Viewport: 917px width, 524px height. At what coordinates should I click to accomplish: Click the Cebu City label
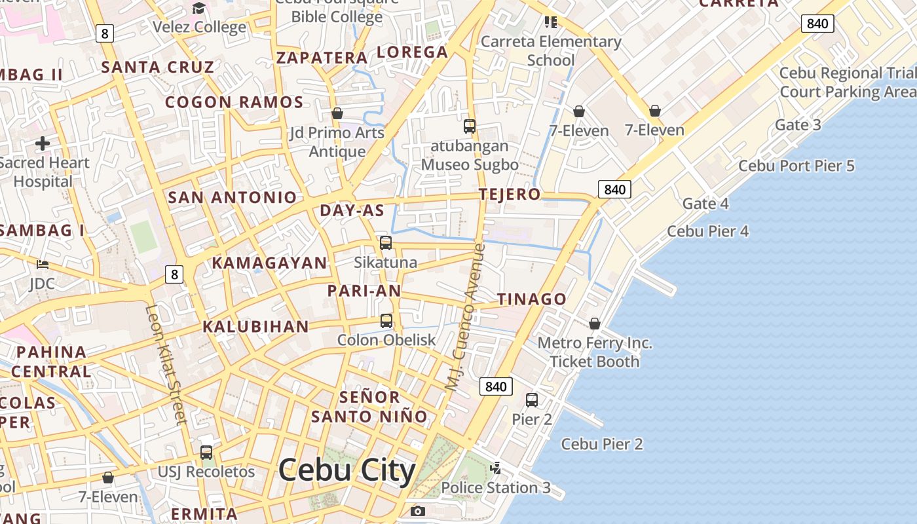click(x=346, y=471)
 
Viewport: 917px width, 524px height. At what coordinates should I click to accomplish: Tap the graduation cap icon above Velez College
click(x=198, y=8)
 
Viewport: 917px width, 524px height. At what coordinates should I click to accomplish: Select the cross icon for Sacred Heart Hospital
click(x=43, y=143)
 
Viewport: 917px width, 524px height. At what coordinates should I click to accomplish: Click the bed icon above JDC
click(x=43, y=265)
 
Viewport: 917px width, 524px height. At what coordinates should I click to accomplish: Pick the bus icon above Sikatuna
click(x=386, y=243)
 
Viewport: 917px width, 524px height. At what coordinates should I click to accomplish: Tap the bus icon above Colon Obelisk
click(x=386, y=321)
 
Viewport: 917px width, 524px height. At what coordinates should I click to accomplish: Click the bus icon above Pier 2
click(x=532, y=400)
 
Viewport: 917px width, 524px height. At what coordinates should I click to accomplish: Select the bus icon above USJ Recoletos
click(x=206, y=452)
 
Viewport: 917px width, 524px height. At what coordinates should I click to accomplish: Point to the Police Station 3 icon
click(x=496, y=468)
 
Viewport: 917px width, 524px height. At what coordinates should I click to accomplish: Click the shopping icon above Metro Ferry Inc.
click(x=595, y=324)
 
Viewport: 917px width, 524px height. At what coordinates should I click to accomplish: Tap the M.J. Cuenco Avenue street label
click(x=466, y=318)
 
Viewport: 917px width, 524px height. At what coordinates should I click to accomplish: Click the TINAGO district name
click(x=531, y=299)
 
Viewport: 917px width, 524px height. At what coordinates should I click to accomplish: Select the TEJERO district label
click(x=510, y=194)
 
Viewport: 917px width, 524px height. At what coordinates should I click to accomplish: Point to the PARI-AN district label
click(x=364, y=290)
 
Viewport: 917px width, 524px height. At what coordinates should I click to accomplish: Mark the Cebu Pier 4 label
click(x=707, y=231)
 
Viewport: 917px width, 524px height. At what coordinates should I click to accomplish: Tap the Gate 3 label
click(x=798, y=124)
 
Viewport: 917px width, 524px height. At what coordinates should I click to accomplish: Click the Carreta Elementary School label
click(x=551, y=50)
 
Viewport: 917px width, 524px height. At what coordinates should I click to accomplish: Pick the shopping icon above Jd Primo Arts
click(x=337, y=113)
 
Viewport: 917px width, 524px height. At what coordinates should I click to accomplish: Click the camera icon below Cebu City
click(x=417, y=511)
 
